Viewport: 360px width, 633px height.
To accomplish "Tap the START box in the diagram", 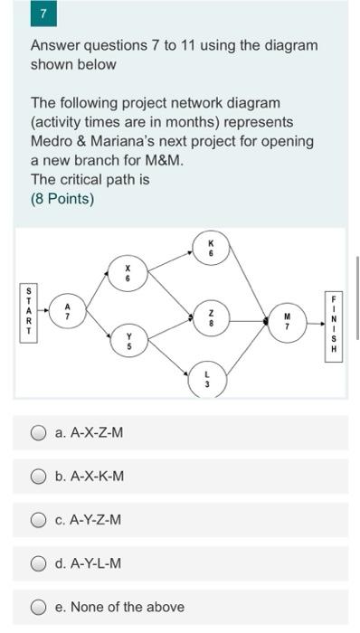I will click(x=28, y=312).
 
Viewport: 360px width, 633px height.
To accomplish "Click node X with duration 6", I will click(x=128, y=273).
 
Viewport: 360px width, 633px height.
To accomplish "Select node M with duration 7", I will click(x=287, y=320).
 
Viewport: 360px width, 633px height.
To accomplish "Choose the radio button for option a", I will click(x=39, y=432).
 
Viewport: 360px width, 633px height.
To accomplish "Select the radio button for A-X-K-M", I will click(x=39, y=476).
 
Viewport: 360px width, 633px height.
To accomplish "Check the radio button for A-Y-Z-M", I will click(x=39, y=519).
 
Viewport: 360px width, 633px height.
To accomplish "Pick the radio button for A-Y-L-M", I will click(x=39, y=563).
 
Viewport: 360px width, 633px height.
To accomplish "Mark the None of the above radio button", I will click(x=39, y=607).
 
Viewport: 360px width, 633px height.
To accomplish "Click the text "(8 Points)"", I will click(x=62, y=198).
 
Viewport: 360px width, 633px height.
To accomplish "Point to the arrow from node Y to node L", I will click(x=167, y=362).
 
